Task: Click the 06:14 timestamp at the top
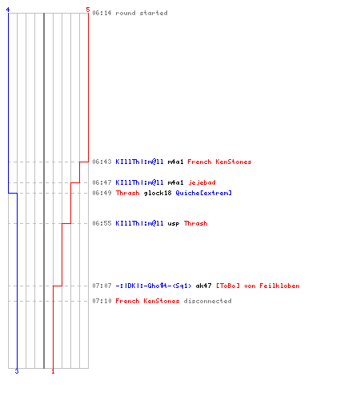(x=102, y=13)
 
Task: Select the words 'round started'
(x=142, y=13)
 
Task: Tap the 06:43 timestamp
(x=102, y=162)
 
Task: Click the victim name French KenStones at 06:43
(x=219, y=162)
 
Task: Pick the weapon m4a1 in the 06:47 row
(x=175, y=182)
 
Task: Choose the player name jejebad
(x=202, y=182)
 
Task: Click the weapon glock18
(x=158, y=193)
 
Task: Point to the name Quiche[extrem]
(x=203, y=193)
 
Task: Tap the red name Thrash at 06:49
(x=127, y=193)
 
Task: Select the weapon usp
(x=174, y=223)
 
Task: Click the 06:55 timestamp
(x=102, y=223)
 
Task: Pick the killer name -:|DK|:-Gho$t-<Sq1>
(x=154, y=286)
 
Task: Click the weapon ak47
(x=203, y=286)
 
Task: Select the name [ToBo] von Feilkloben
(x=258, y=286)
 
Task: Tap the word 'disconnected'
(x=207, y=301)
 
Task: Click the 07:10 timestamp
(x=102, y=301)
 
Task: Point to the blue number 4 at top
(x=8, y=10)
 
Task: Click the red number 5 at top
(x=88, y=10)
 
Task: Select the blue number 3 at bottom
(x=17, y=371)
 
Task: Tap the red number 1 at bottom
(x=53, y=371)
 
